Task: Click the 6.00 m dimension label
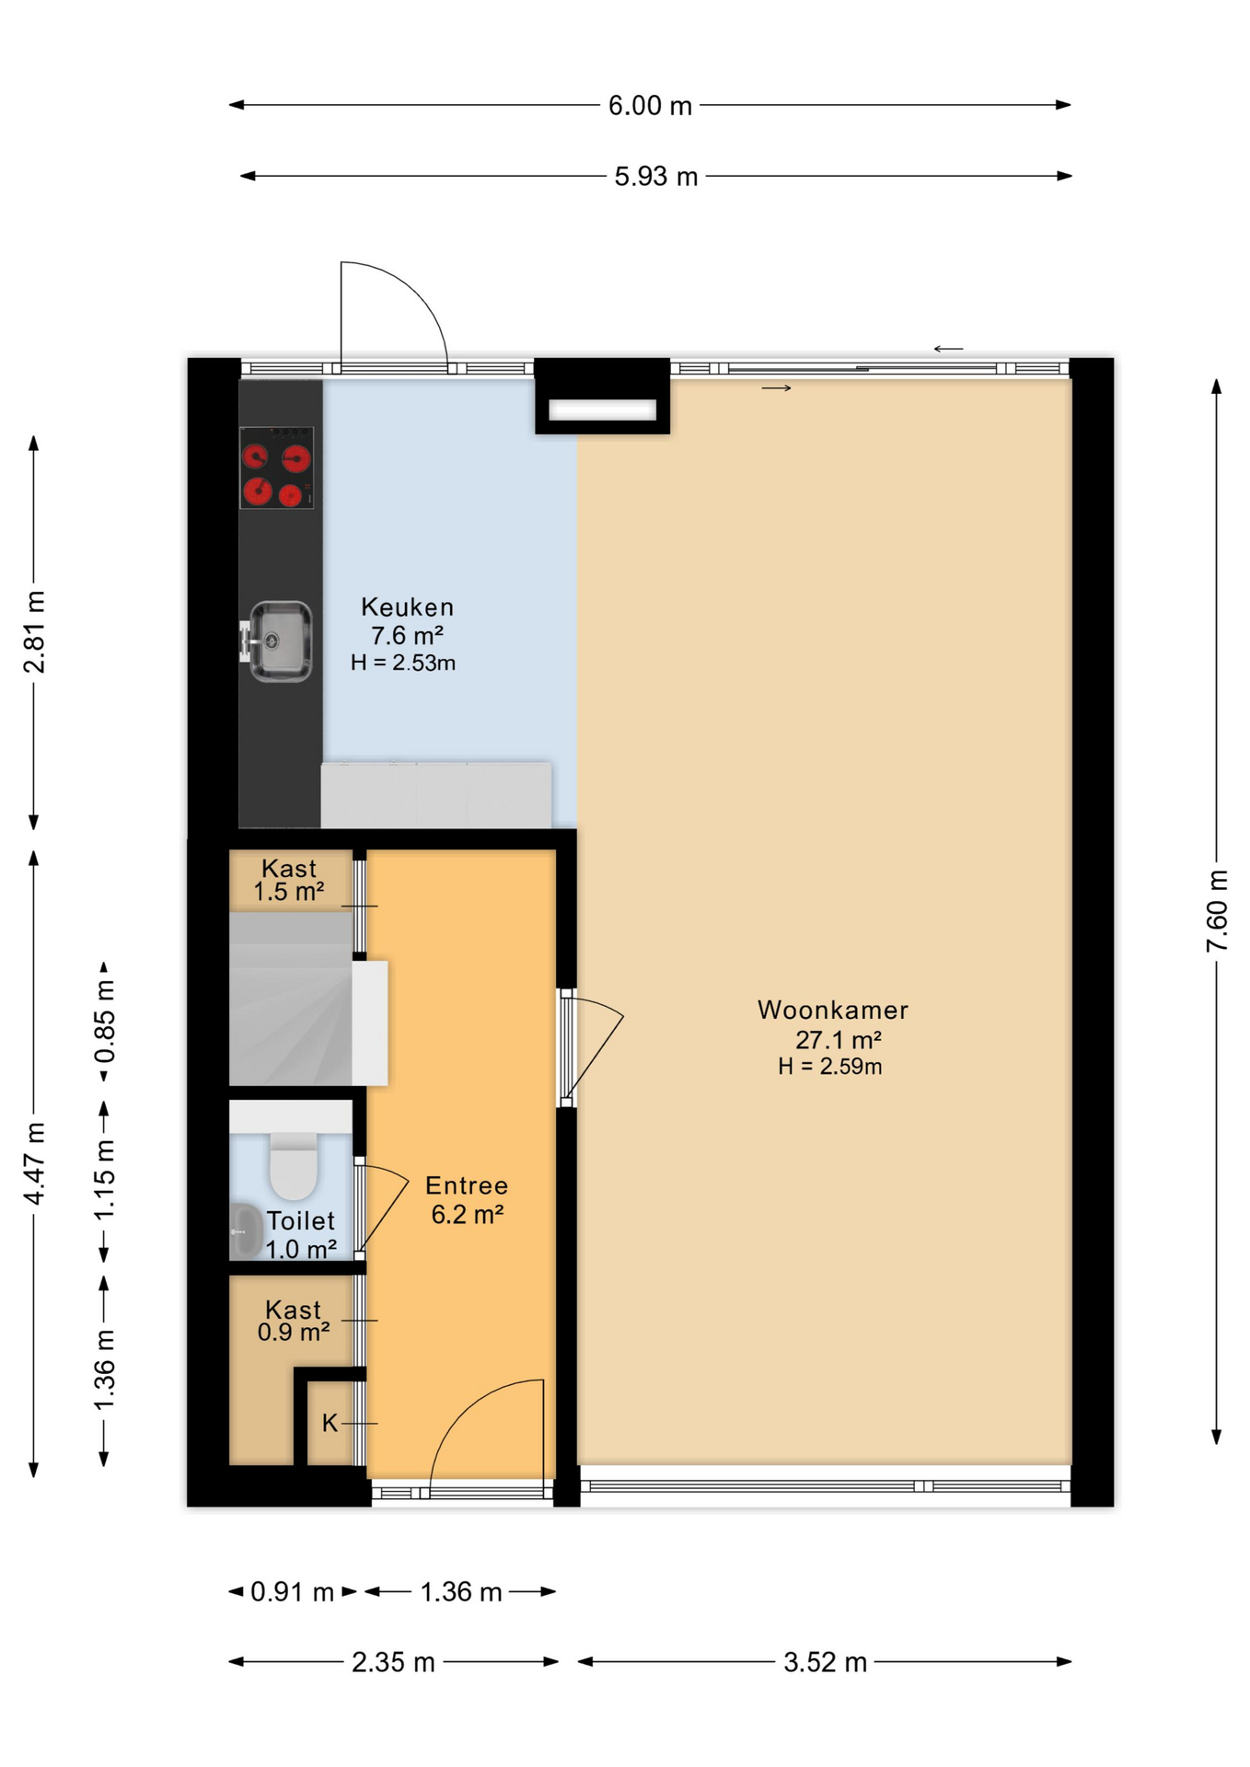[x=650, y=106]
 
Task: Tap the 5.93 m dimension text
[x=656, y=176]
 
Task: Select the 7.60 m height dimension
[x=1217, y=910]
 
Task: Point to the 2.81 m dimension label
[x=34, y=632]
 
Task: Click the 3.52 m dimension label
[x=825, y=1662]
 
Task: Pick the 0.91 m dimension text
[x=292, y=1591]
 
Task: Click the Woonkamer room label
[x=833, y=1010]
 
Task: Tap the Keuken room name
[x=407, y=606]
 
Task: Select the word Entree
[x=467, y=1185]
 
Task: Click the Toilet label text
[x=300, y=1220]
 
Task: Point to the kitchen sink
[x=279, y=641]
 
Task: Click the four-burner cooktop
[x=276, y=468]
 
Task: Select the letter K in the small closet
[x=330, y=1423]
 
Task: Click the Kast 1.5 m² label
[x=289, y=880]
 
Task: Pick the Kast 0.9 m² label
[x=294, y=1321]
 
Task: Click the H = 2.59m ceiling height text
[x=829, y=1067]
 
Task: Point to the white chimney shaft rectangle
[x=603, y=410]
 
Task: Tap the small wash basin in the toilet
[x=244, y=1230]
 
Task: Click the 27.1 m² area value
[x=839, y=1040]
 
